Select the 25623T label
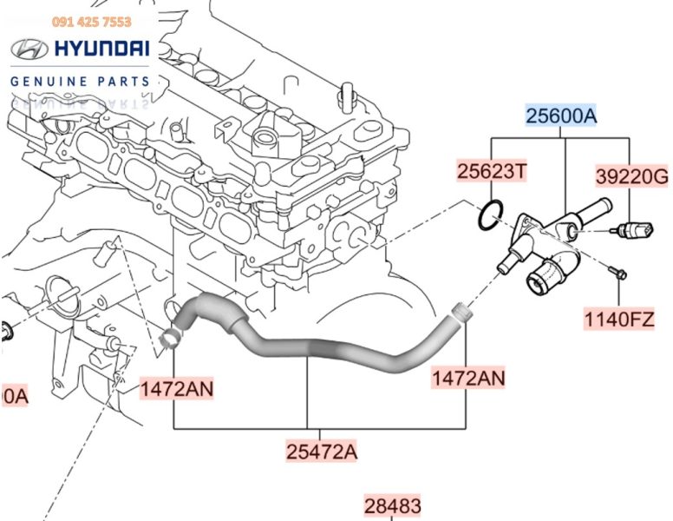coord(492,172)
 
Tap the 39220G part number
coord(631,178)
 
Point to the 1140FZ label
coord(617,319)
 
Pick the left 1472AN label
coord(177,388)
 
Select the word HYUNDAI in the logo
coord(101,49)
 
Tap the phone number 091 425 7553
coord(92,22)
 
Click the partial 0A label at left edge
coord(15,397)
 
